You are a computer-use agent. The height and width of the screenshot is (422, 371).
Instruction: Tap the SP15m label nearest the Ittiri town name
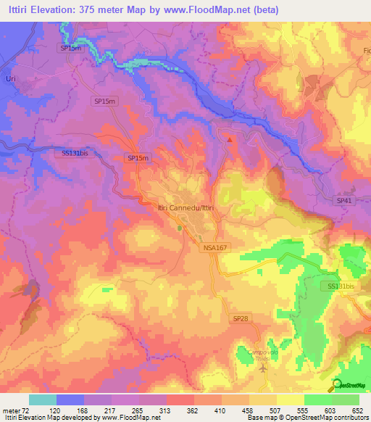point(138,158)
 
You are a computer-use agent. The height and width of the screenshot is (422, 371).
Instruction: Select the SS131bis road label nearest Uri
point(75,153)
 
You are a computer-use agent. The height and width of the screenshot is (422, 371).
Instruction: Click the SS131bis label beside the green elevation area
point(341,286)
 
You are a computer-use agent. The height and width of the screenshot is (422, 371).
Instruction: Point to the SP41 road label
point(343,199)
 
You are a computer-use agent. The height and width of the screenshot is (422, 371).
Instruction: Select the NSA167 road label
point(214,247)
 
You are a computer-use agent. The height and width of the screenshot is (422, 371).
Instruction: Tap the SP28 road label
point(240,318)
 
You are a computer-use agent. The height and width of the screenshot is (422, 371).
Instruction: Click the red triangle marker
point(230,139)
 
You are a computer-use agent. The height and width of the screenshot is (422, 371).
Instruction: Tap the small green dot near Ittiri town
point(180,228)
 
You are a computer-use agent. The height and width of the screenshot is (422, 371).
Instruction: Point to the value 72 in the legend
point(29,411)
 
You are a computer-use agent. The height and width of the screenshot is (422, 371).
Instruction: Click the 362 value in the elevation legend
point(193,411)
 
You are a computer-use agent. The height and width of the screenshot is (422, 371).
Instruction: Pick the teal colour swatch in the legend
point(43,400)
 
